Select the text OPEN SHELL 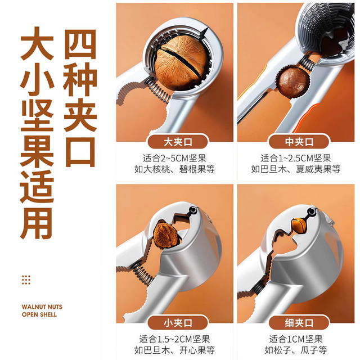pos(39,314)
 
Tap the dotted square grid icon pos(26,280)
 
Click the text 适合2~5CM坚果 pos(175,158)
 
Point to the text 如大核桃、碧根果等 pos(175,169)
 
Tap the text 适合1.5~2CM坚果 pos(175,340)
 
